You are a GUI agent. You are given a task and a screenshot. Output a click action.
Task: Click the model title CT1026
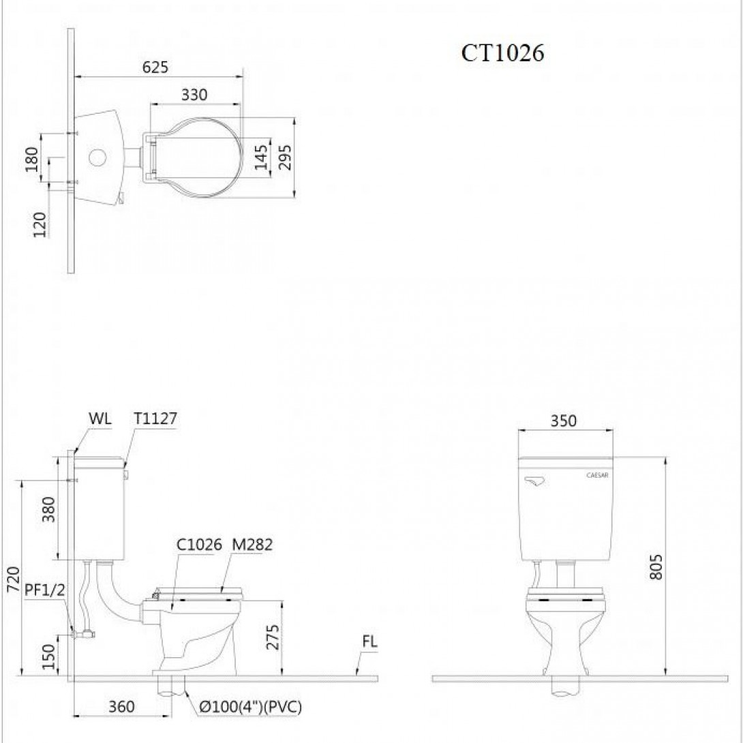(x=502, y=53)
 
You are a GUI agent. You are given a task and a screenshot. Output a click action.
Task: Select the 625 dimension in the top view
(x=155, y=67)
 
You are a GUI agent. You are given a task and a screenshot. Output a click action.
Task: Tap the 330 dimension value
(x=194, y=95)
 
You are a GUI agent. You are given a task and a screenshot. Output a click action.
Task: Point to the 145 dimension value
(x=261, y=157)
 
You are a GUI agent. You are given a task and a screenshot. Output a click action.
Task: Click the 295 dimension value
(x=284, y=157)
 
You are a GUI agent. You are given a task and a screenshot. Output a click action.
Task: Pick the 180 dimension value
(x=32, y=160)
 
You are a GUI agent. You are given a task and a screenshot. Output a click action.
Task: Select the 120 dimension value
(x=40, y=225)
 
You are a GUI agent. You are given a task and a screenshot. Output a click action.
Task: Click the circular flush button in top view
(x=98, y=157)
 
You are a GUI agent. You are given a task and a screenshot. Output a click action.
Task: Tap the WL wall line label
(x=100, y=419)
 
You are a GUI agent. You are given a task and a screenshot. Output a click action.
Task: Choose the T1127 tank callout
(x=155, y=419)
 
